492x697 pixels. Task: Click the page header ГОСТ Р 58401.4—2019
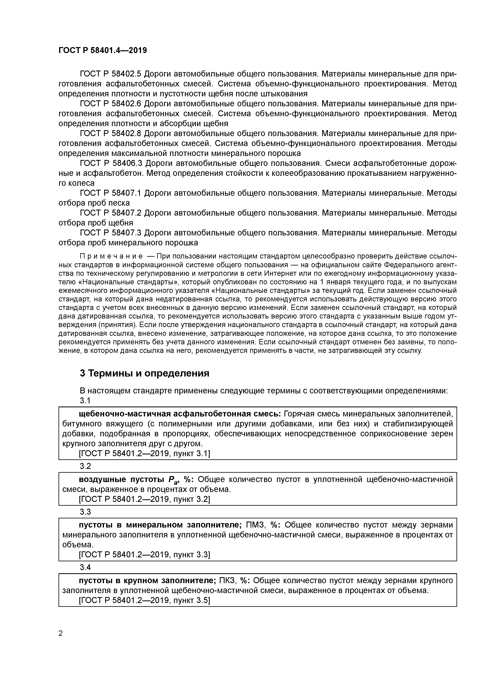pos(102,50)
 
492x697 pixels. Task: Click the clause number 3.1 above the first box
pos(85,400)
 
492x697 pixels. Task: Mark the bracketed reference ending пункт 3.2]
pos(144,499)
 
